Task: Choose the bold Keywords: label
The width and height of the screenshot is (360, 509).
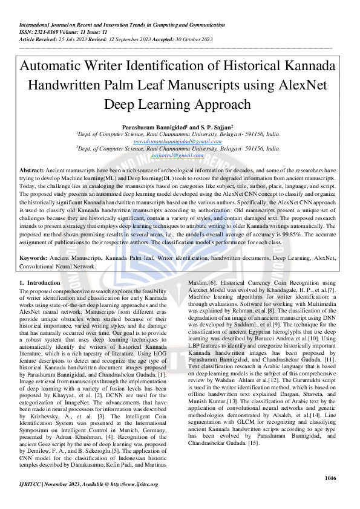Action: click(34, 258)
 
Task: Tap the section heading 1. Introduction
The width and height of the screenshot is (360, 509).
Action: click(40, 282)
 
